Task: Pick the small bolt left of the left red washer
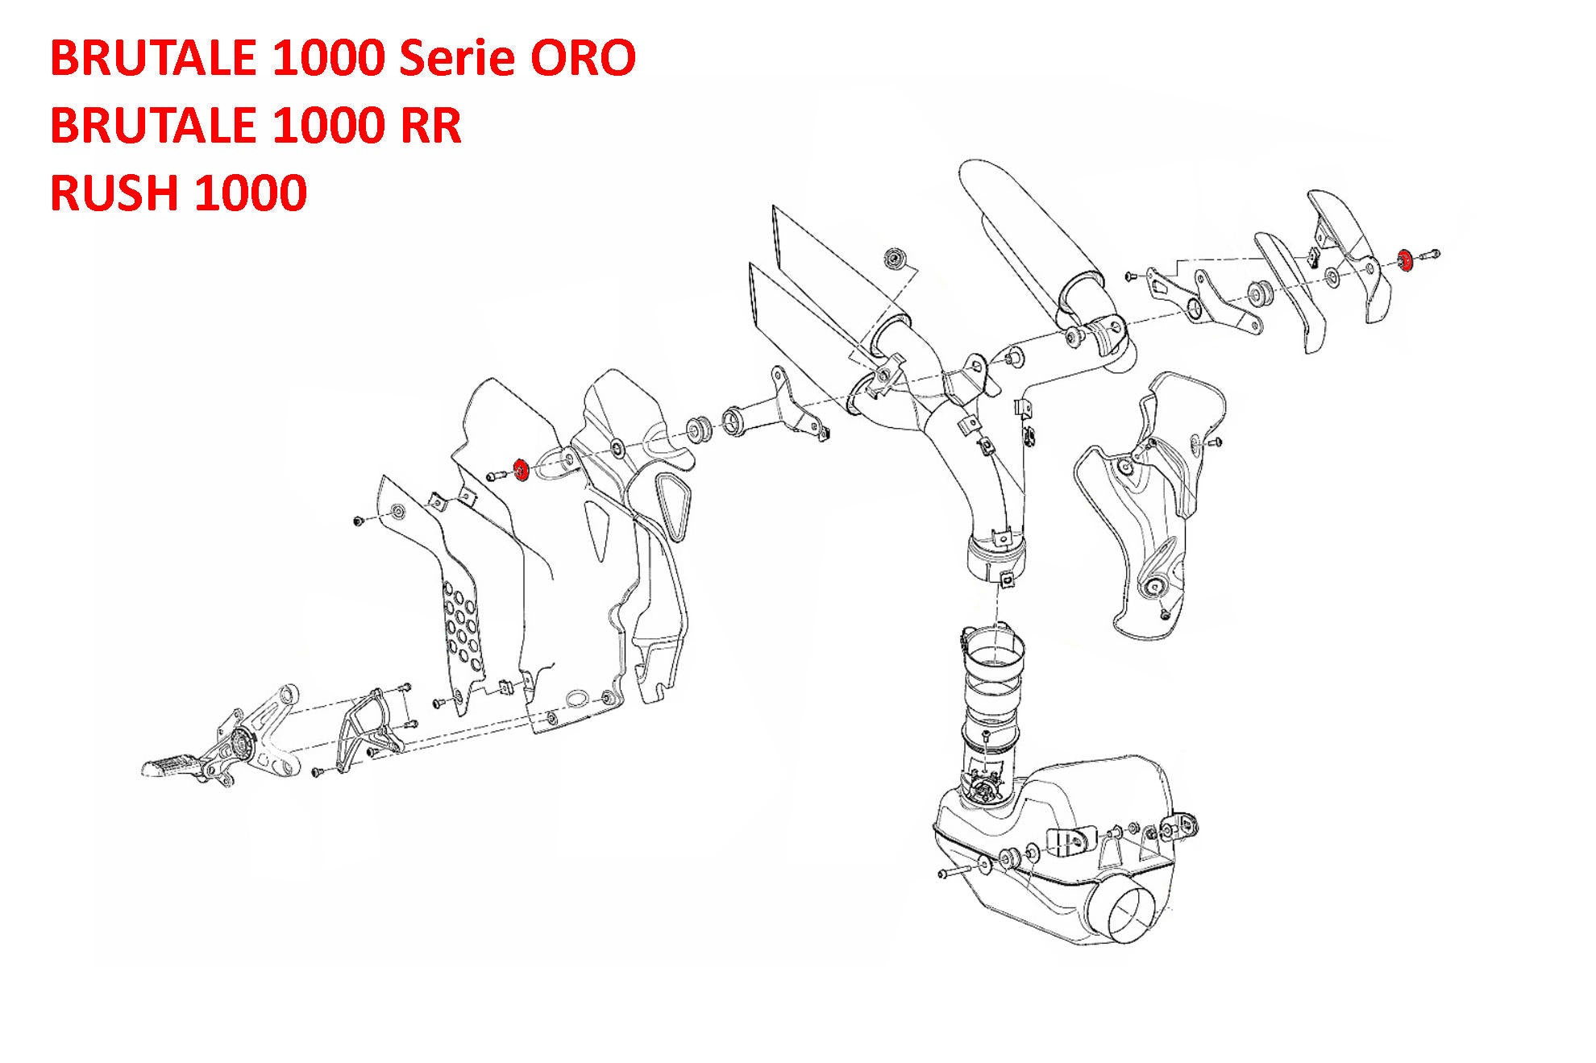pyautogui.click(x=493, y=476)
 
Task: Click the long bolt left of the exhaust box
pyautogui.click(x=959, y=872)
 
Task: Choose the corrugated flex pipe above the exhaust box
pyautogui.click(x=995, y=685)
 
